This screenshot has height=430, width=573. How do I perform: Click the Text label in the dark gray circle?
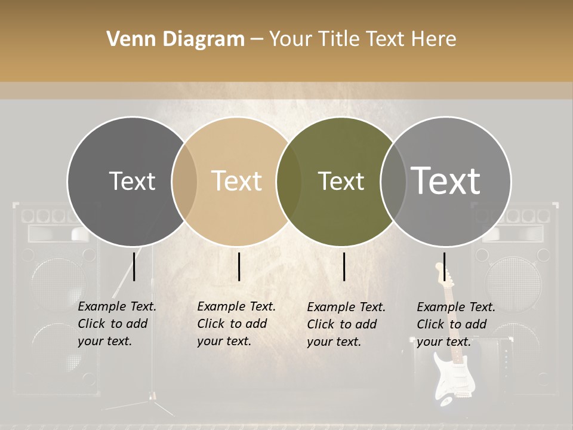[x=132, y=181]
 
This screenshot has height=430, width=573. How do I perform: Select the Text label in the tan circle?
[x=236, y=181]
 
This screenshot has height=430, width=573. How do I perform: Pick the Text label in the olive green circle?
[x=341, y=181]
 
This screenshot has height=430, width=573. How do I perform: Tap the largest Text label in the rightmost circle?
[x=446, y=181]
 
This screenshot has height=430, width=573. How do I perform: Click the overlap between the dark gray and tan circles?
[x=184, y=181]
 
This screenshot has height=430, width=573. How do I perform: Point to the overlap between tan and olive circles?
[x=289, y=181]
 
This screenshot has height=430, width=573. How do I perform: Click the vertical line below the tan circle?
[x=239, y=266]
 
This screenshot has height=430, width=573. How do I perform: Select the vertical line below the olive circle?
[x=344, y=266]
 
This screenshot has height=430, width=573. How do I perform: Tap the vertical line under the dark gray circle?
[x=134, y=266]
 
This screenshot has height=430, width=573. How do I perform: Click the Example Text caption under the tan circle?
[x=236, y=324]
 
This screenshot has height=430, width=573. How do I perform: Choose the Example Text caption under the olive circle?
[x=346, y=324]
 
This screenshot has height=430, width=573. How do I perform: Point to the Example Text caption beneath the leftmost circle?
[x=116, y=324]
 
